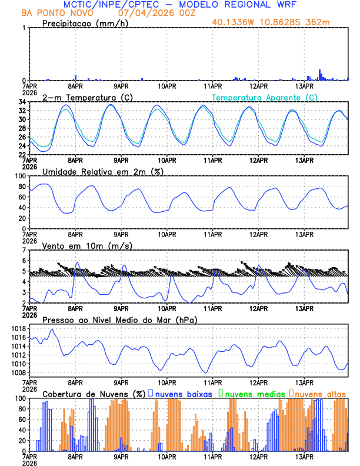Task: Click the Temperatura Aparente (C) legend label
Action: point(265,97)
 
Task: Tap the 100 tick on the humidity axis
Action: point(19,176)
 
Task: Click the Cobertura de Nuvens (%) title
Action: point(94,394)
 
